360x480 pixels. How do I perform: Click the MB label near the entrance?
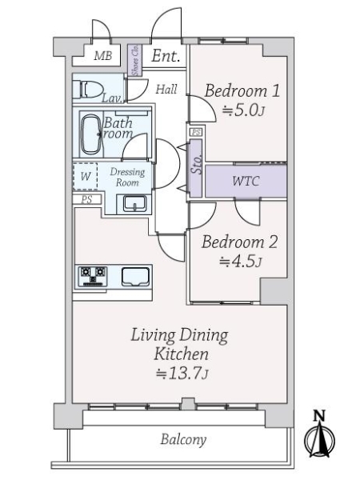click(x=103, y=56)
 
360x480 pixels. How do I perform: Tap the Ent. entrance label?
click(x=165, y=56)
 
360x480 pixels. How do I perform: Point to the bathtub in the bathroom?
click(x=90, y=133)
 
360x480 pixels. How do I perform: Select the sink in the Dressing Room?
click(x=134, y=203)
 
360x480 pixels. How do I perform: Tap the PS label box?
click(x=84, y=200)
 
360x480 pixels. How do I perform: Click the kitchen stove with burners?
click(x=92, y=276)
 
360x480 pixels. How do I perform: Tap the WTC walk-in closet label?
click(x=245, y=181)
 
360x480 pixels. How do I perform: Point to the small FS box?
click(x=194, y=131)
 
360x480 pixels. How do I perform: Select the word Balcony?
click(x=182, y=439)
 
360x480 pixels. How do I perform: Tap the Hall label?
click(x=166, y=89)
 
